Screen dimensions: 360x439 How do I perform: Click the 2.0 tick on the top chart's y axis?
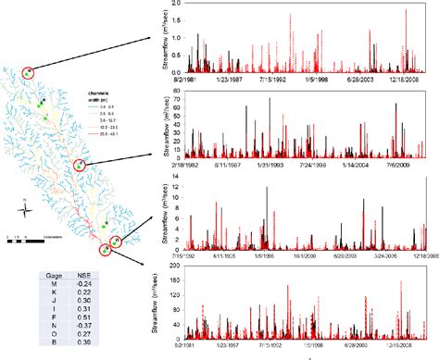(x=179, y=7)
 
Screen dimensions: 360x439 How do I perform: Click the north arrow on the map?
(x=26, y=208)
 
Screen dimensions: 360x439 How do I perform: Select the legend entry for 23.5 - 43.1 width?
(x=100, y=134)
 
